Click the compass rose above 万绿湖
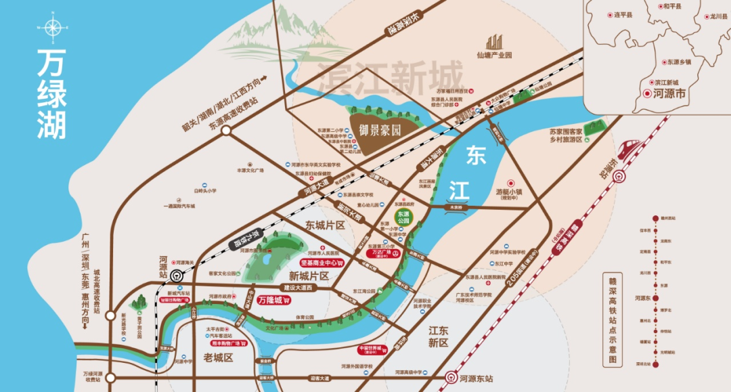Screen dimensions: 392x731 [x=51, y=28]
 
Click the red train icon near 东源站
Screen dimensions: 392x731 [x=626, y=147]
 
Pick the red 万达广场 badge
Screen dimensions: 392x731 [x=384, y=253]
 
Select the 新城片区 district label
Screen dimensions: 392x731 [x=308, y=276]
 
